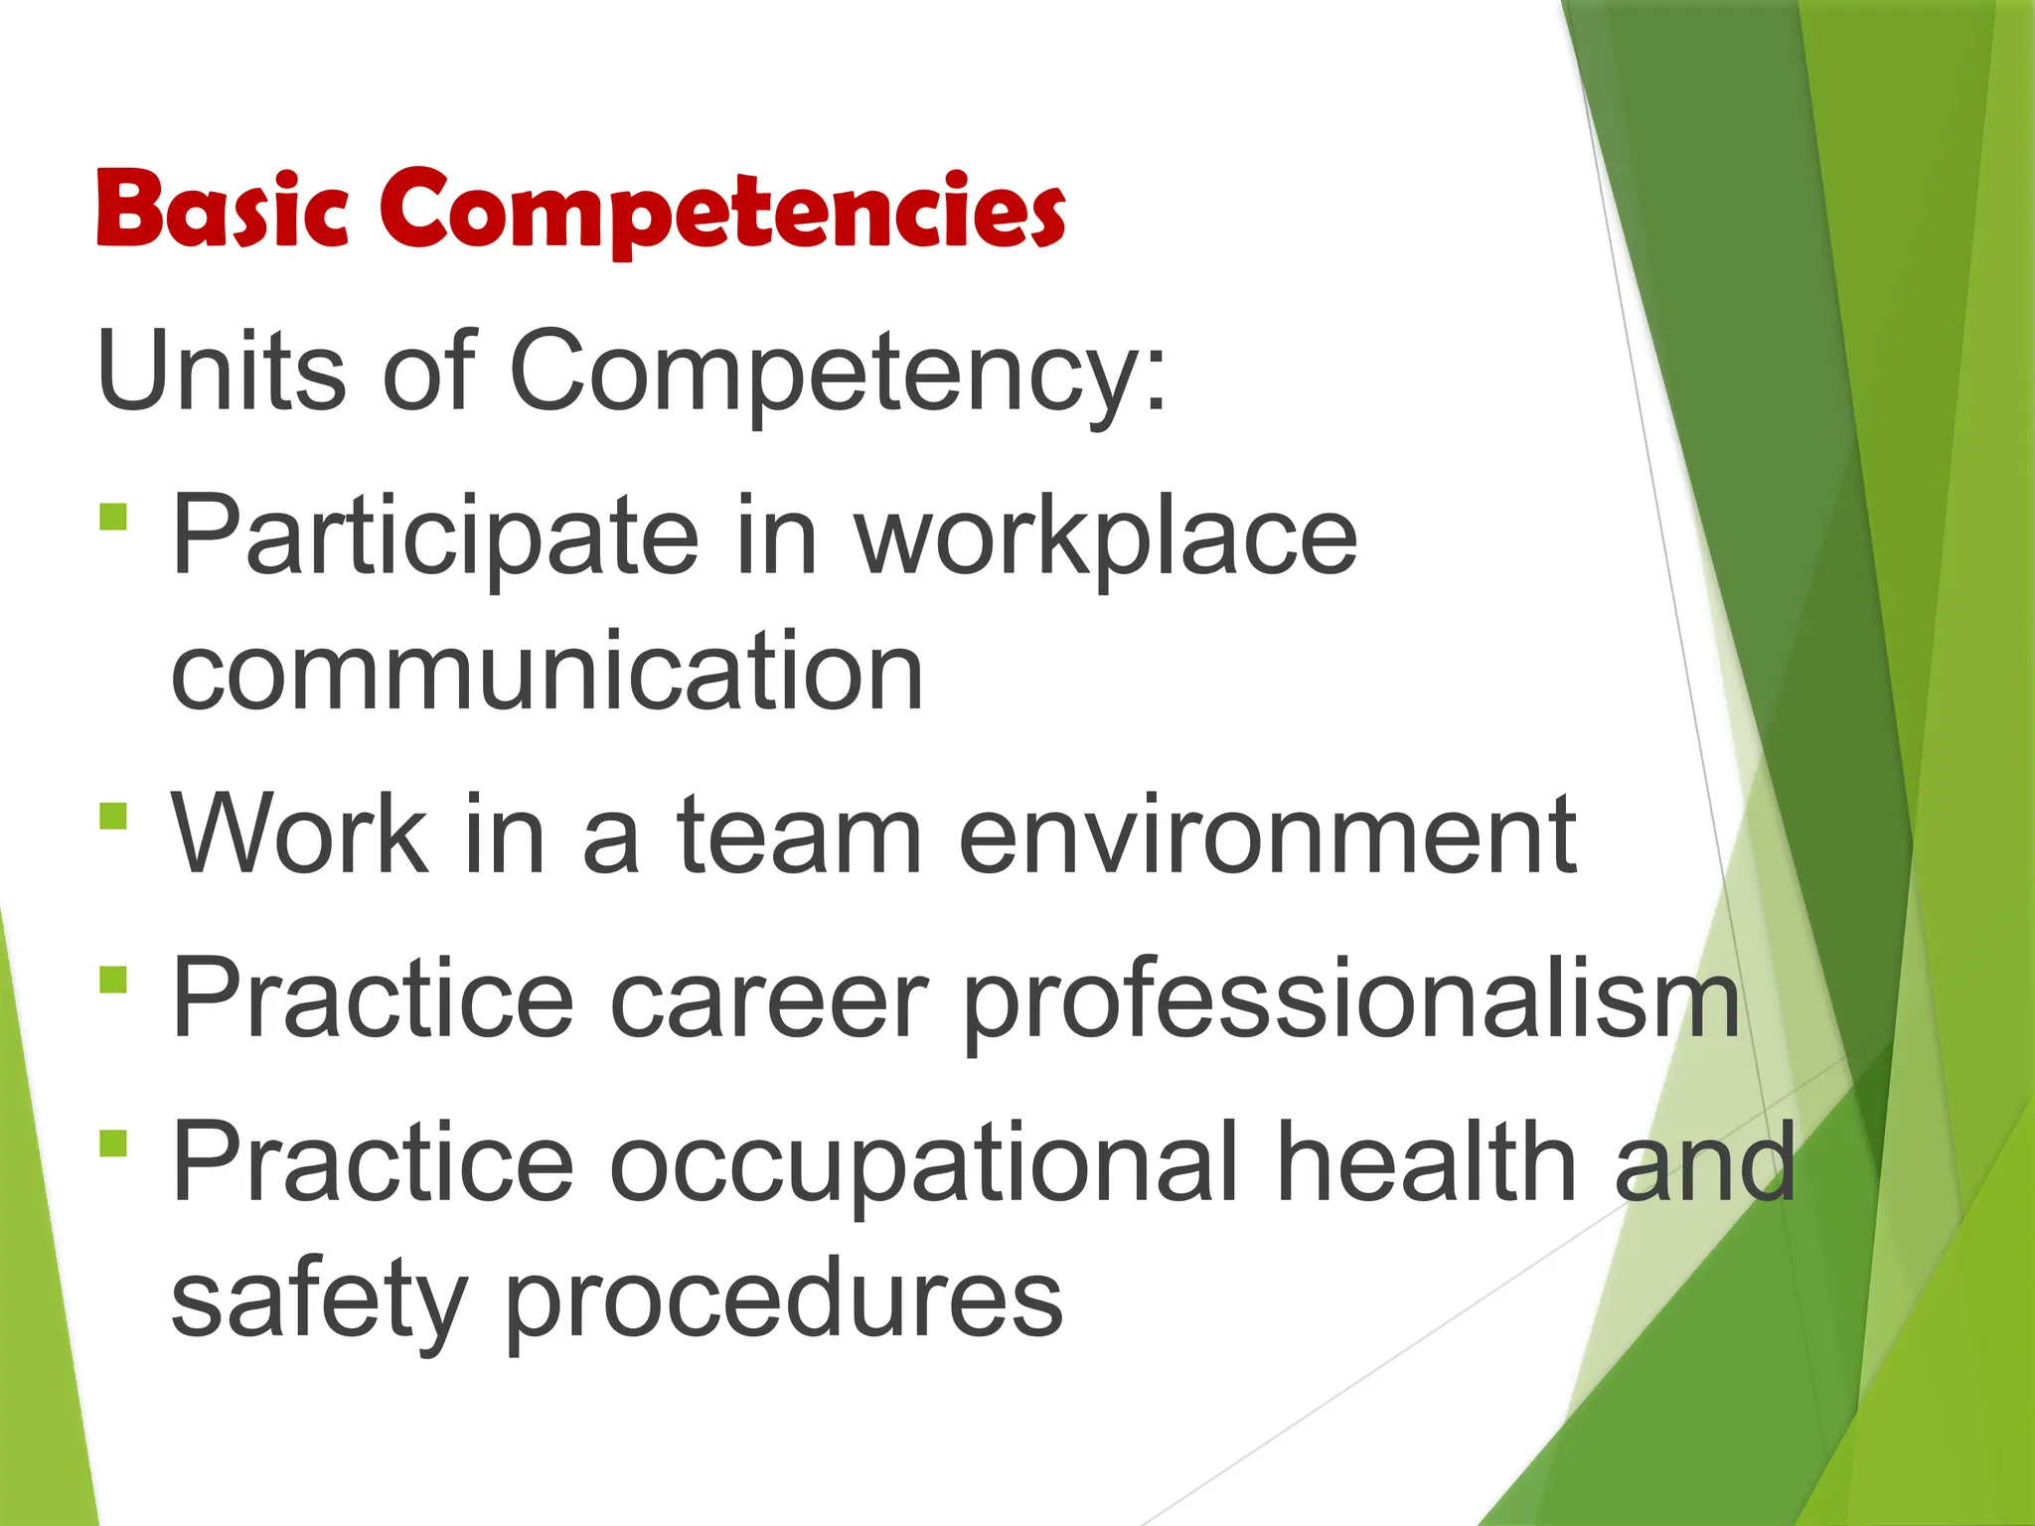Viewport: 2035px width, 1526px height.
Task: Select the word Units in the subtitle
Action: coord(222,371)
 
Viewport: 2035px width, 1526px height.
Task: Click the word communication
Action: coord(548,673)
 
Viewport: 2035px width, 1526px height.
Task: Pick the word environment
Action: coord(1267,837)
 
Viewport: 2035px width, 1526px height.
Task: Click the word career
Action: coord(769,998)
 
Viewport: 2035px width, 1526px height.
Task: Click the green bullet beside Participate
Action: coord(114,518)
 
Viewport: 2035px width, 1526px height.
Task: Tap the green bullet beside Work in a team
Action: coord(114,817)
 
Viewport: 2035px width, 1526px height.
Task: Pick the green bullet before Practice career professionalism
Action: coord(114,980)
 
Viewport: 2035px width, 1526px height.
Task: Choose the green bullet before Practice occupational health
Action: coord(114,1144)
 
